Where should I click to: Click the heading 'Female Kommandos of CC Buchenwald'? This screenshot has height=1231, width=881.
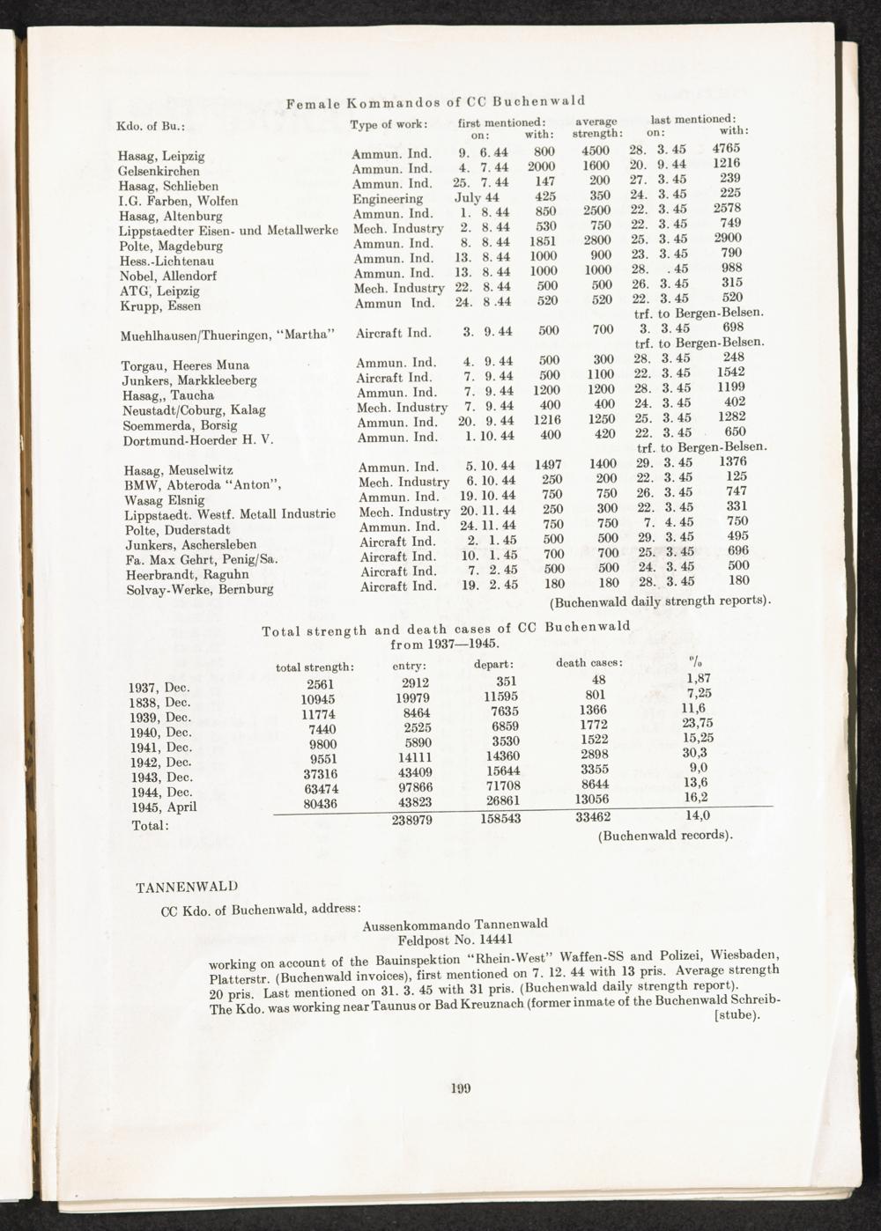point(436,101)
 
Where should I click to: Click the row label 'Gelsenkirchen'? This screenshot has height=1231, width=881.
point(159,171)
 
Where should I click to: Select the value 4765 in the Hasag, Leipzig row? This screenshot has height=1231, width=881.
point(726,148)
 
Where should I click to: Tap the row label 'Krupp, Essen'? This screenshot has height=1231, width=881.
point(159,306)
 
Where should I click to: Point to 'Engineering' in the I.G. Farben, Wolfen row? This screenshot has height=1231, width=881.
point(388,199)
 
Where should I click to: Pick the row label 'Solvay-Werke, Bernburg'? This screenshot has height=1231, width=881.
point(199,589)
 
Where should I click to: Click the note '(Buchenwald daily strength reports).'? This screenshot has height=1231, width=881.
point(661,602)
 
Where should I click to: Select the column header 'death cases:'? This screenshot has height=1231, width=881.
point(589,663)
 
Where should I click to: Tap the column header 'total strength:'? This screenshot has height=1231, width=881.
point(315,667)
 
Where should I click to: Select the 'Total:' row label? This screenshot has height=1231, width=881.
point(149,826)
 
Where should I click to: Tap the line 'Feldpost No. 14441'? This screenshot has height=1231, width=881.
point(455,939)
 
